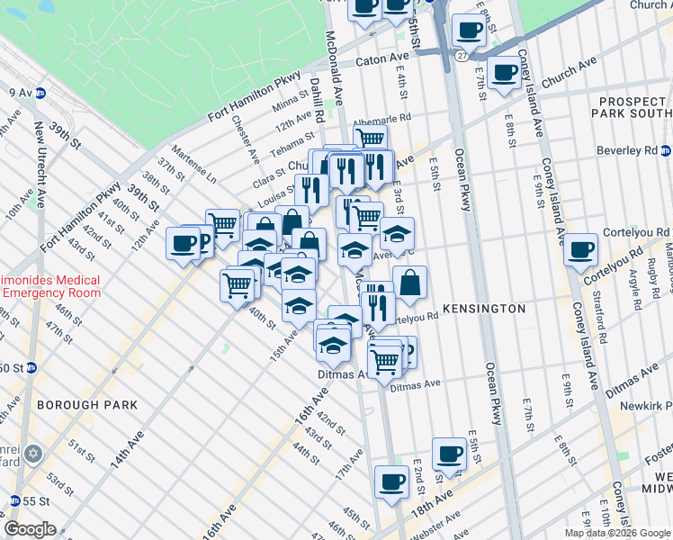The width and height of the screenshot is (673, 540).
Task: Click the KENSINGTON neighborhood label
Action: (481, 309)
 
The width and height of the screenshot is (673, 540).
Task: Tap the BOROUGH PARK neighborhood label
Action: (87, 405)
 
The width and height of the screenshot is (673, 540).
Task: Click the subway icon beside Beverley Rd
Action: (665, 149)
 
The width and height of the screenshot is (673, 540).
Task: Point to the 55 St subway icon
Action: (13, 500)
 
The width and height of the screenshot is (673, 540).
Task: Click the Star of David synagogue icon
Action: (34, 453)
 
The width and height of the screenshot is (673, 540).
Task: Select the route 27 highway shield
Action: (461, 55)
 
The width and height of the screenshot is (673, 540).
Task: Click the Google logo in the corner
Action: (31, 529)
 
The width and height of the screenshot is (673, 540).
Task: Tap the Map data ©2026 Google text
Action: (617, 533)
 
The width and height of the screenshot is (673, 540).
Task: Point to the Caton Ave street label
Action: (384, 60)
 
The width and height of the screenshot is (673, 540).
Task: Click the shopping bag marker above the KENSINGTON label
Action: (409, 283)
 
